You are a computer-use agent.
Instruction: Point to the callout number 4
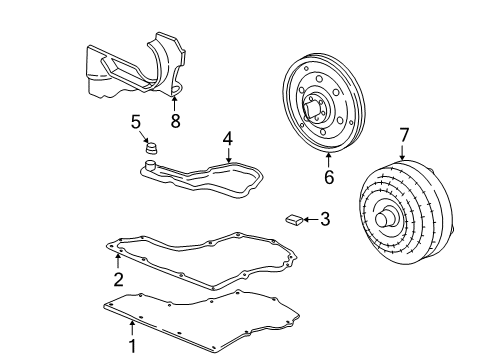(227, 139)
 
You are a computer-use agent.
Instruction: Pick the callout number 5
(136, 122)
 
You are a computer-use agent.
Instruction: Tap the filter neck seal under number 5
(152, 149)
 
